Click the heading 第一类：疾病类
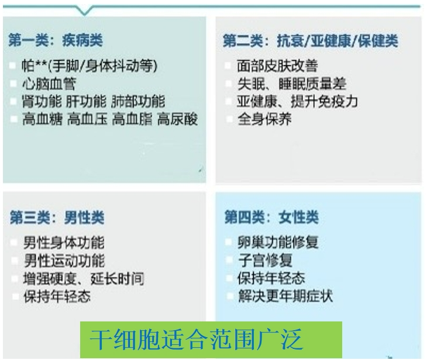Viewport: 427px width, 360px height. pyautogui.click(x=56, y=40)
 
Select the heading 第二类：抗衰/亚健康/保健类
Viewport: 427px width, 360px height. pyautogui.click(x=311, y=41)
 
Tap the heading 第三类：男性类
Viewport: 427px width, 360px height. pyautogui.click(x=57, y=217)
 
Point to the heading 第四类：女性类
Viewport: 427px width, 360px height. pyautogui.click(x=271, y=217)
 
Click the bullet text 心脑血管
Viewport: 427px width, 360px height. pyautogui.click(x=49, y=84)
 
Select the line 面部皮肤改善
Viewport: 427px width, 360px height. pyautogui.click(x=277, y=66)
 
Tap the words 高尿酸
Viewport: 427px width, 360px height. pyautogui.click(x=178, y=119)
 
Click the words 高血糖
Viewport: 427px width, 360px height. pyautogui.click(x=43, y=119)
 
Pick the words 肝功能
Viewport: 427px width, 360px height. pyautogui.click(x=87, y=102)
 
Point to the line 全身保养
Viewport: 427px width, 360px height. pyautogui.click(x=264, y=119)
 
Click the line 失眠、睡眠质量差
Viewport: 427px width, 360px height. pyautogui.click(x=292, y=84)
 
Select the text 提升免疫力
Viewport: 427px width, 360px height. pyautogui.click(x=324, y=102)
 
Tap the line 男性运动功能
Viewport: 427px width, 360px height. pyautogui.click(x=64, y=261)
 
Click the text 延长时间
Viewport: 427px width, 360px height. pyautogui.click(x=117, y=278)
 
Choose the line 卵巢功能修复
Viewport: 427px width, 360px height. pyautogui.click(x=278, y=242)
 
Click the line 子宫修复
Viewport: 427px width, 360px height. pyautogui.click(x=265, y=260)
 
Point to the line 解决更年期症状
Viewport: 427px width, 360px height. pyautogui.click(x=285, y=296)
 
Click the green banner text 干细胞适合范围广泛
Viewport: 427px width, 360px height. pyautogui.click(x=196, y=339)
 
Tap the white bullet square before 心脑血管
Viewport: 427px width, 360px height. pyautogui.click(x=13, y=84)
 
